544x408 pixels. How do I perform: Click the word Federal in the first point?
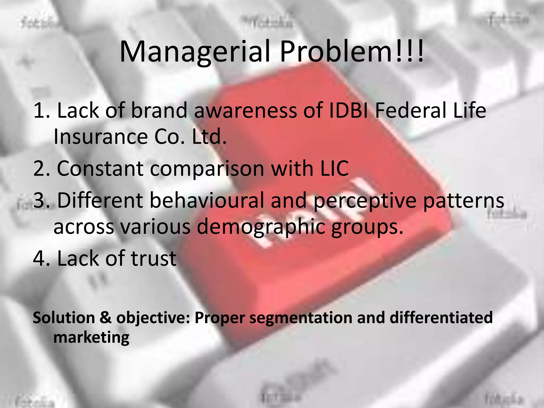pyautogui.click(x=411, y=110)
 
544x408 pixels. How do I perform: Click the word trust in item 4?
pyautogui.click(x=154, y=258)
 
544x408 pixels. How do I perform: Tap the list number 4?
pyautogui.click(x=39, y=258)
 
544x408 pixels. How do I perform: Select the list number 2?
pyautogui.click(x=39, y=168)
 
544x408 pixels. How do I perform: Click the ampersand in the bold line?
pyautogui.click(x=106, y=318)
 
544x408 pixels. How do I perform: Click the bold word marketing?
pyautogui.click(x=91, y=338)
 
